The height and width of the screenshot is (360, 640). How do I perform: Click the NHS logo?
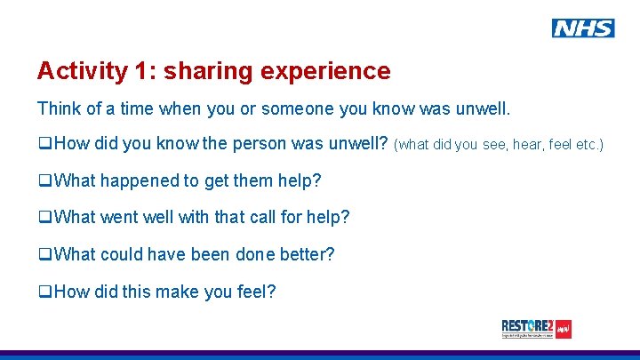[x=582, y=28]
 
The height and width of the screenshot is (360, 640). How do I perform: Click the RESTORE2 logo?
[x=536, y=329]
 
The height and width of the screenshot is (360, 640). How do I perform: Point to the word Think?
[x=59, y=109]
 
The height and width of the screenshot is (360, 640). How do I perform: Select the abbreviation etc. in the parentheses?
[x=588, y=145]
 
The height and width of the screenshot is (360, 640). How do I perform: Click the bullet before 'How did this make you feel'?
[x=44, y=292]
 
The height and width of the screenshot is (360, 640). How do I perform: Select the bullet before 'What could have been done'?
[x=44, y=255]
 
